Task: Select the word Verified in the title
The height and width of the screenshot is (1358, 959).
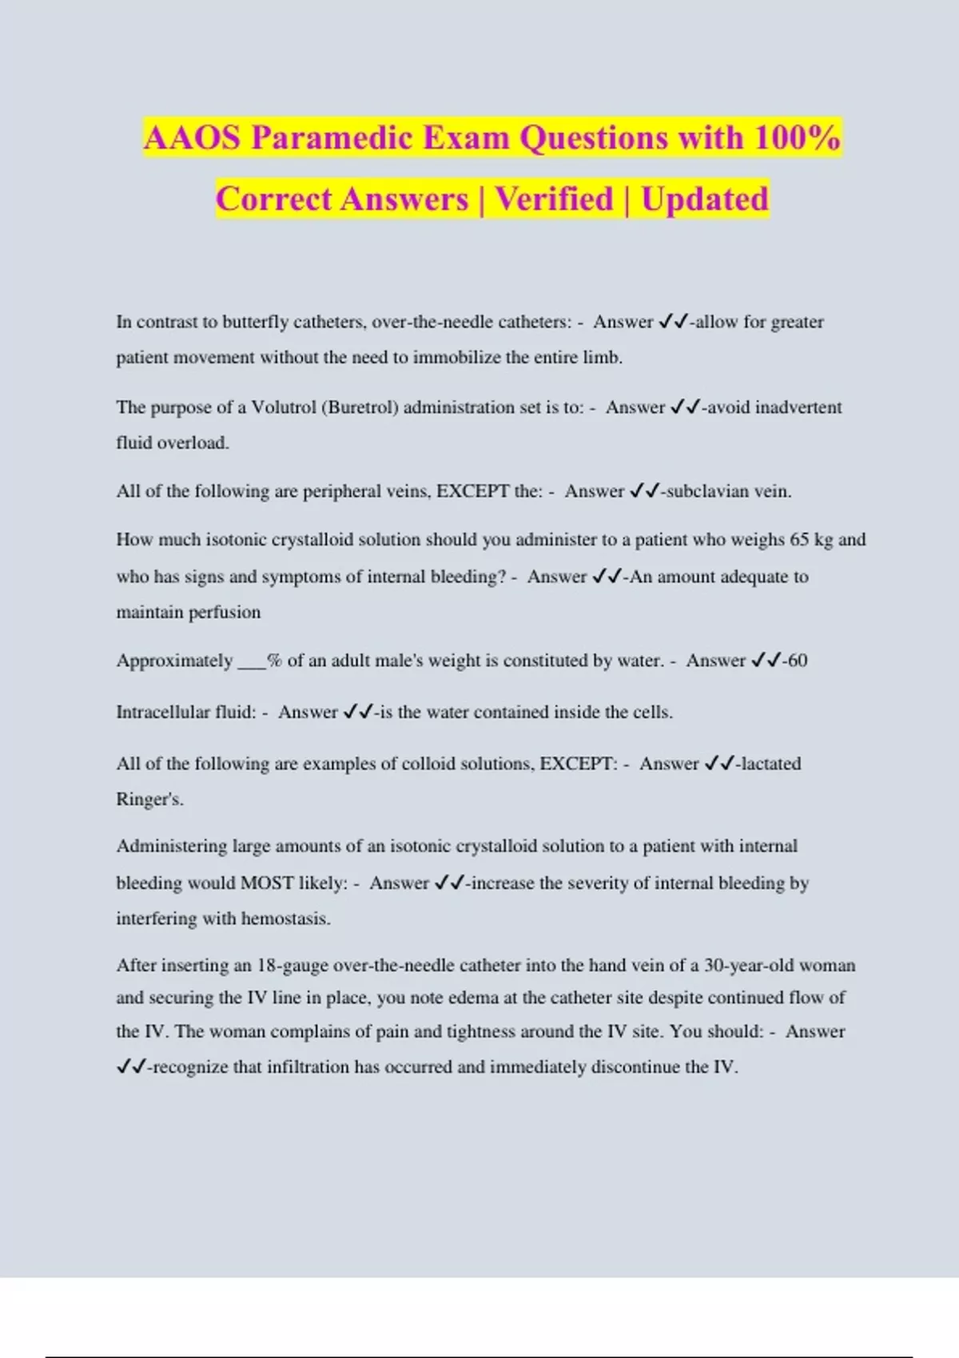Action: (554, 199)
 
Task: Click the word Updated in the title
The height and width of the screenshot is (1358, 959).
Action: (704, 199)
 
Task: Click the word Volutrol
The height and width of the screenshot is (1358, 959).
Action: (284, 407)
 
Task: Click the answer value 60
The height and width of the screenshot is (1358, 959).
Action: (797, 661)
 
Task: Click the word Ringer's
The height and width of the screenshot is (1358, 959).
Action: (149, 799)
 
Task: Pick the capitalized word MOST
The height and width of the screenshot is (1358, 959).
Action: (267, 883)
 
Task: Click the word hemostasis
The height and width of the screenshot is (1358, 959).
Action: (285, 919)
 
